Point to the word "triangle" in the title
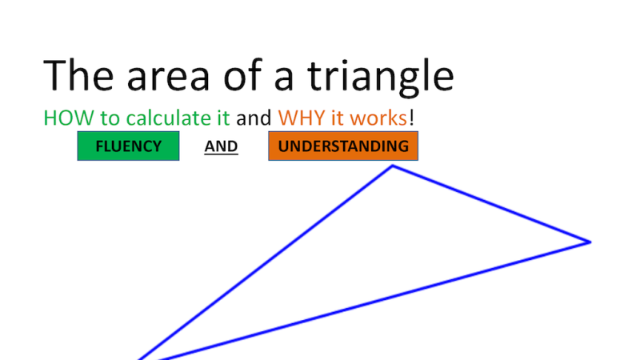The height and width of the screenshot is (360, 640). click(x=380, y=77)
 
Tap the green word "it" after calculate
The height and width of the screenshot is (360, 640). click(x=223, y=118)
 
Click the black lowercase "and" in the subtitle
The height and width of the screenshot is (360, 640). click(x=254, y=118)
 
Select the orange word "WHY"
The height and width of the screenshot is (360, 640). click(x=299, y=118)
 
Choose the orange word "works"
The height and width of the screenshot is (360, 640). click(x=377, y=118)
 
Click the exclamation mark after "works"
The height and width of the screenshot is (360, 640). click(x=411, y=118)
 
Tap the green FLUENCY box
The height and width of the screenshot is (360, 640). click(x=128, y=146)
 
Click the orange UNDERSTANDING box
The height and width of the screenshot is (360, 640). click(x=343, y=146)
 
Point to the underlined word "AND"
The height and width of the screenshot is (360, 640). click(x=221, y=147)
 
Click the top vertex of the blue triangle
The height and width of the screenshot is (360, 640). click(x=392, y=166)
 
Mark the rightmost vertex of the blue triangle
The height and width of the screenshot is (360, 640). click(x=590, y=242)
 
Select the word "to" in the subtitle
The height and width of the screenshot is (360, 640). click(x=109, y=118)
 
